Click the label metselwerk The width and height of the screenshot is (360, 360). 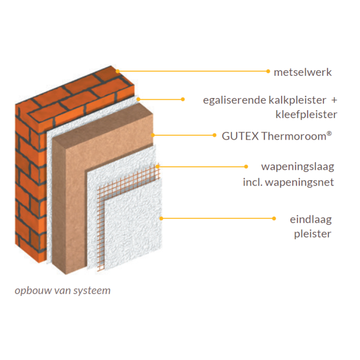302,72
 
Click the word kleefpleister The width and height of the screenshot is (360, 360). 306,115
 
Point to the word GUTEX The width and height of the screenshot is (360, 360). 233,135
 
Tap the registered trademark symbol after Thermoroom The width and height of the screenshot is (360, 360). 330,133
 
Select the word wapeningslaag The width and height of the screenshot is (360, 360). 297,166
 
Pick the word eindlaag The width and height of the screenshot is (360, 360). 311,219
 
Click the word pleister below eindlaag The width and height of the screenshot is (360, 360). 312,233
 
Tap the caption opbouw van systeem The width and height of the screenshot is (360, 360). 63,290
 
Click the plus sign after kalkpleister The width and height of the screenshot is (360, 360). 334,100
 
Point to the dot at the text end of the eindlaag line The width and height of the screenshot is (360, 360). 274,218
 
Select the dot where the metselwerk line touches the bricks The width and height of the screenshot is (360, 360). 117,71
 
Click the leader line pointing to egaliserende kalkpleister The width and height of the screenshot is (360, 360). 161,100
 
